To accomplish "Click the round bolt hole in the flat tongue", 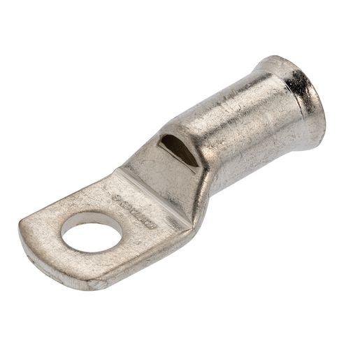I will click(x=92, y=231).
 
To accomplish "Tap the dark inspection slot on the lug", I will click(x=179, y=150).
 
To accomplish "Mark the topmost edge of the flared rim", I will click(x=280, y=57).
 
